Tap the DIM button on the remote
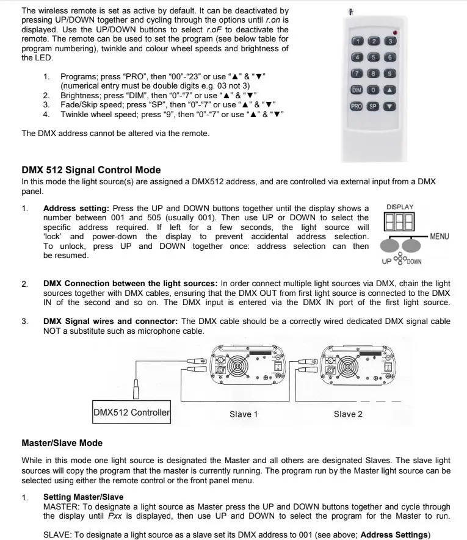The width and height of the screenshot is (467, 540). pyautogui.click(x=357, y=90)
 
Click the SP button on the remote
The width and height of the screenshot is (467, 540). pyautogui.click(x=373, y=106)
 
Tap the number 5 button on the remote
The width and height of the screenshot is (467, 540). pyautogui.click(x=373, y=57)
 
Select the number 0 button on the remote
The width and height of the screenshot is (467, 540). pyautogui.click(x=373, y=90)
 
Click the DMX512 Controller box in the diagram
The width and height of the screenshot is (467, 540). pyautogui.click(x=131, y=412)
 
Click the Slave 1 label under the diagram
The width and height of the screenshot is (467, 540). pyautogui.click(x=244, y=414)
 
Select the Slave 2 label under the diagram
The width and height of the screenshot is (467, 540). pyautogui.click(x=348, y=414)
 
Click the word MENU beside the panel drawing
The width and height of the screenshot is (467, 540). pyautogui.click(x=440, y=236)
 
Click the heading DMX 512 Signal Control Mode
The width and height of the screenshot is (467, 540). pyautogui.click(x=91, y=170)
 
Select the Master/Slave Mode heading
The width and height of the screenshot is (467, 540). pyautogui.click(x=62, y=442)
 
